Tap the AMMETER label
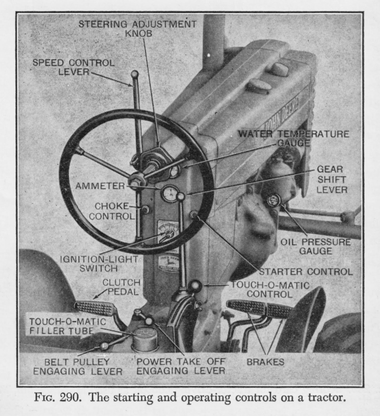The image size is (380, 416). pos(100,186)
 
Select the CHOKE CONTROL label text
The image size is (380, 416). pos(112,211)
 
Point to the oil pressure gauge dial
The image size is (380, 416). pos(273,200)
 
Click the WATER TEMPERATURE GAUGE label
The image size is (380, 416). pos(294,138)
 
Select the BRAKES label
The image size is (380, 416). pos(265,362)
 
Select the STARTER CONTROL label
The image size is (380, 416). pos(306,272)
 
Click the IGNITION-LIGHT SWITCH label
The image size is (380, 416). pos(99,263)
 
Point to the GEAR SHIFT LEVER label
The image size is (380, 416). pos(332,179)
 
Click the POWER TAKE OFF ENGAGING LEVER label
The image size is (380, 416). pos(181,366)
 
